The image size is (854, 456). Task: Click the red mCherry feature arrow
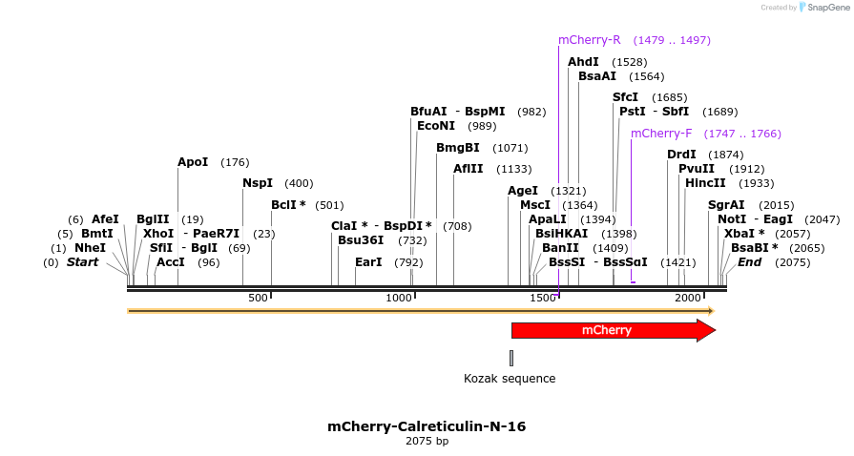(611, 330)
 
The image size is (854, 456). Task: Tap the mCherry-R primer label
(589, 40)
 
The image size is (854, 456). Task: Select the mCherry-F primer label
(661, 134)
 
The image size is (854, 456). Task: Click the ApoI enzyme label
(193, 162)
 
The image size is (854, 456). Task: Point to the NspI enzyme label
(258, 183)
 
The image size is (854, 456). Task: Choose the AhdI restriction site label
(583, 62)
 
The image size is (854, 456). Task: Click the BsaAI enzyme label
(597, 76)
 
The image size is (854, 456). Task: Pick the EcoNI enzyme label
(436, 126)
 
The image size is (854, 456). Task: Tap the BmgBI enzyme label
(457, 148)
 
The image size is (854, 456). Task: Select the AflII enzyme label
(468, 169)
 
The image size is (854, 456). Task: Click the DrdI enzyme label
(681, 155)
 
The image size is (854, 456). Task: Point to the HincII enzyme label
(705, 183)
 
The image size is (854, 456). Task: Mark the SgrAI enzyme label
(726, 205)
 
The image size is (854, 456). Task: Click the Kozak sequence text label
(510, 379)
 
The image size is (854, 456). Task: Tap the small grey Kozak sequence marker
(511, 358)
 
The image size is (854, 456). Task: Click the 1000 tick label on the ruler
(398, 299)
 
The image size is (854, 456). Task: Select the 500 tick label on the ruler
(258, 299)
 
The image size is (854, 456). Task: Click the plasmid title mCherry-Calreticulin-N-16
(427, 426)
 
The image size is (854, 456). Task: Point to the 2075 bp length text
(427, 441)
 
